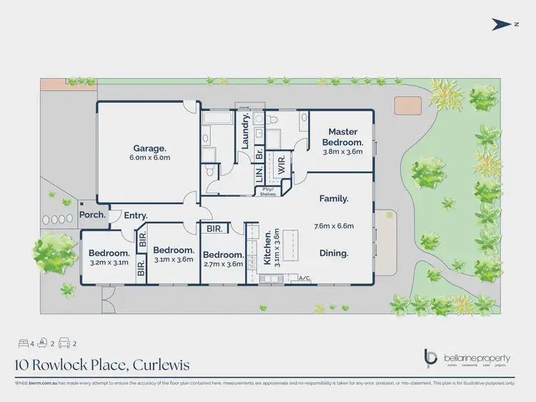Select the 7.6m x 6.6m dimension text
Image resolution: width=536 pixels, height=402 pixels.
point(334,226)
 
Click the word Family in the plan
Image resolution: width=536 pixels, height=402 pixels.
point(334,198)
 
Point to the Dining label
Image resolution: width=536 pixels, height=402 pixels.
point(334,253)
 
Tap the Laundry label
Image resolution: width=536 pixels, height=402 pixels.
point(245,132)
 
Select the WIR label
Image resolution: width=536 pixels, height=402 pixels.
point(281,162)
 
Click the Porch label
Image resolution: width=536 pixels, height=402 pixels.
point(93,215)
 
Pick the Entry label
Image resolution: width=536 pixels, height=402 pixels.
point(136,215)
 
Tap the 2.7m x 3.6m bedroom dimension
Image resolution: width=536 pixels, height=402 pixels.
point(222,264)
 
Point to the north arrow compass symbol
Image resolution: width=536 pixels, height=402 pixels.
point(503,25)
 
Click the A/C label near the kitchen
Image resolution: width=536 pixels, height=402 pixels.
point(304,278)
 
